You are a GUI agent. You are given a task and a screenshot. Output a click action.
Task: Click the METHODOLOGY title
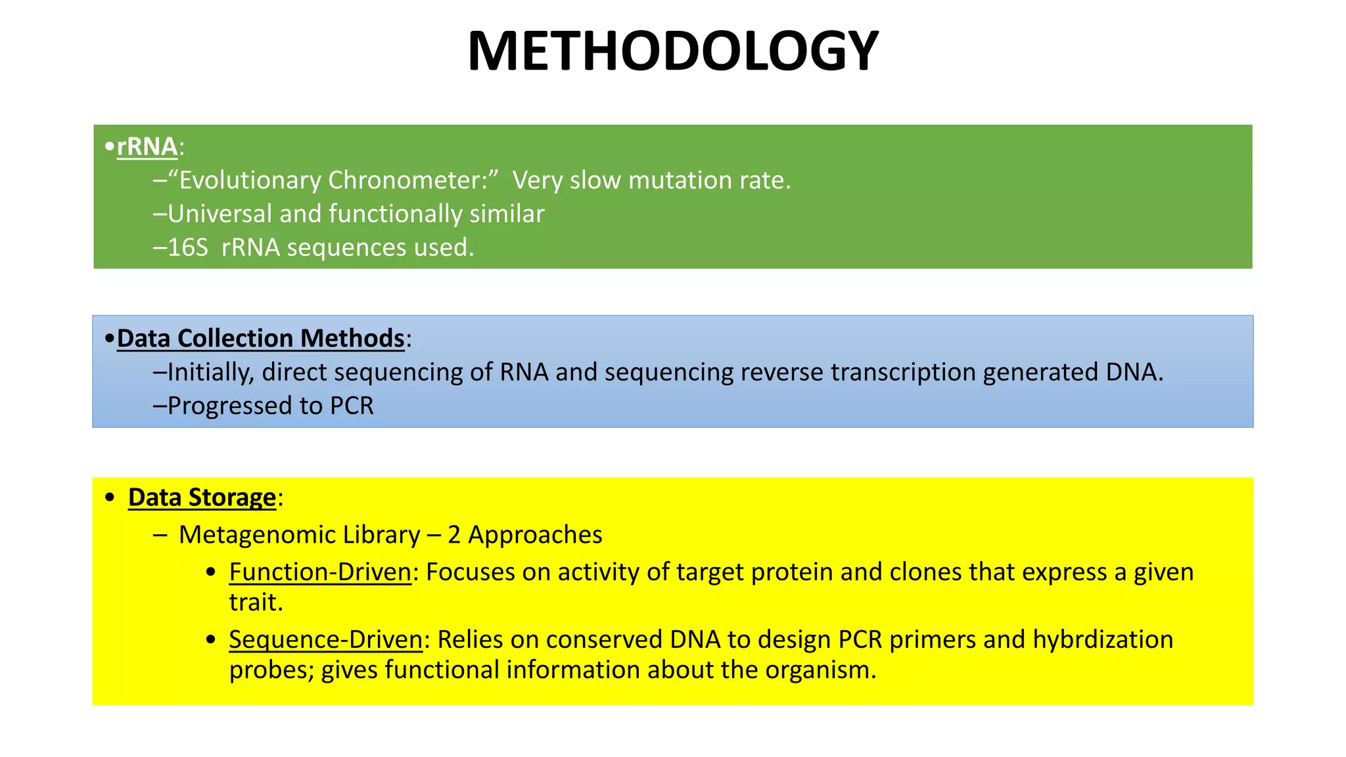(672, 51)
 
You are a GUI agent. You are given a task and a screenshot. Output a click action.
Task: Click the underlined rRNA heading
(147, 147)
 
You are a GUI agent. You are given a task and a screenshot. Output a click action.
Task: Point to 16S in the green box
(188, 248)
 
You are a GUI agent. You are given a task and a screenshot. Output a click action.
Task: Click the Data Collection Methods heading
(260, 338)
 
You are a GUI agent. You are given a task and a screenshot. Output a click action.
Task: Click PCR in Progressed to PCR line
(352, 406)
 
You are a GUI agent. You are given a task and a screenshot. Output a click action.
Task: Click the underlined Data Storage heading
(202, 497)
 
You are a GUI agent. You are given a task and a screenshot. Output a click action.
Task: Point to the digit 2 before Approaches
(454, 535)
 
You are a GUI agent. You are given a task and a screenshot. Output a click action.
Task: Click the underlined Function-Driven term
(320, 572)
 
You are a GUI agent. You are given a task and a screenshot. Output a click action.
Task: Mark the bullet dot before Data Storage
(110, 498)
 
